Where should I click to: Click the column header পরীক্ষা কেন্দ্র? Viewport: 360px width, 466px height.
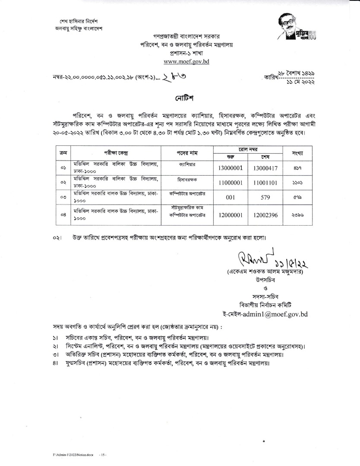pyautogui.click(x=116, y=153)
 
